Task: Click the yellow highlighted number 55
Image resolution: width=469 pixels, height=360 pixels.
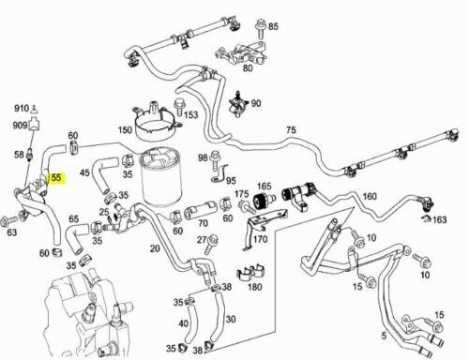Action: tap(56, 175)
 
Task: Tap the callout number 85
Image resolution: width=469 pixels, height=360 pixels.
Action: tap(273, 26)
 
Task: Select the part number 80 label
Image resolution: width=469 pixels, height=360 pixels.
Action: tap(249, 67)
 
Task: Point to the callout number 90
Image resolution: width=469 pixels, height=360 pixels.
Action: tap(256, 103)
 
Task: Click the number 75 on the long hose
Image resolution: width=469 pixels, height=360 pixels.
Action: tap(290, 130)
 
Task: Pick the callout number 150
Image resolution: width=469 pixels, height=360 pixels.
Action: tap(124, 129)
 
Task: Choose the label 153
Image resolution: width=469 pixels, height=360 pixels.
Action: tap(191, 115)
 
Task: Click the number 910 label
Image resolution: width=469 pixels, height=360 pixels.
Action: tap(20, 108)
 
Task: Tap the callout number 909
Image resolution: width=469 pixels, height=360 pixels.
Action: tap(20, 125)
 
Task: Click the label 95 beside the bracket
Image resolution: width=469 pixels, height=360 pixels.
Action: tap(231, 180)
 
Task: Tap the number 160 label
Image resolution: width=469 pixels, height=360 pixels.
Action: tap(369, 196)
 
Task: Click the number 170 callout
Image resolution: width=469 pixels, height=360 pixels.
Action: tap(260, 239)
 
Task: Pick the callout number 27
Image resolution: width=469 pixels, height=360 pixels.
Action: tap(200, 240)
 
